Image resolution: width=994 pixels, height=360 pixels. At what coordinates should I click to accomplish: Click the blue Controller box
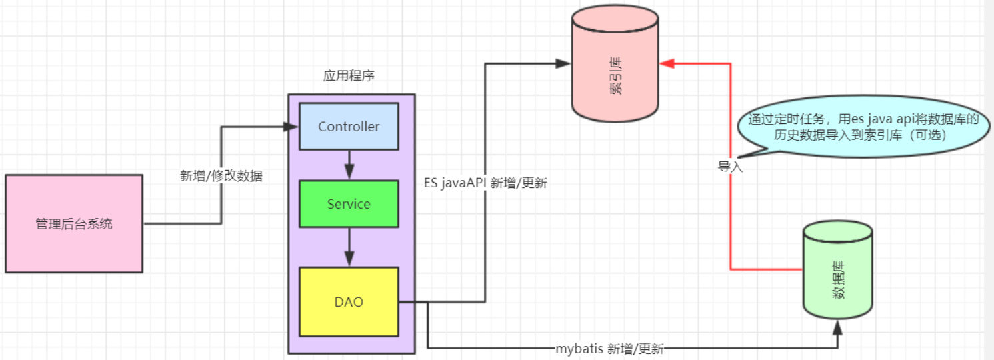349,126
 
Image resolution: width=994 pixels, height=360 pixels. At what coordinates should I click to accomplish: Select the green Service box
349,204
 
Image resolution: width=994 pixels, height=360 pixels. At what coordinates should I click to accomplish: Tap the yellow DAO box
349,301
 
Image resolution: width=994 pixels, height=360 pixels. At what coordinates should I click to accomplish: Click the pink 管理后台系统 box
74,224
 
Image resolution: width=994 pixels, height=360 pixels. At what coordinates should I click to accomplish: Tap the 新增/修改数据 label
221,177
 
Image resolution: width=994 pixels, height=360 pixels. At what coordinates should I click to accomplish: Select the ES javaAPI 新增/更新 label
485,183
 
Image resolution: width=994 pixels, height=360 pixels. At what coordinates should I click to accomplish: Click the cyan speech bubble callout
863,127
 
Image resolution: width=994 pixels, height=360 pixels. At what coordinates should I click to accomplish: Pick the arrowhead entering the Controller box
291,126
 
